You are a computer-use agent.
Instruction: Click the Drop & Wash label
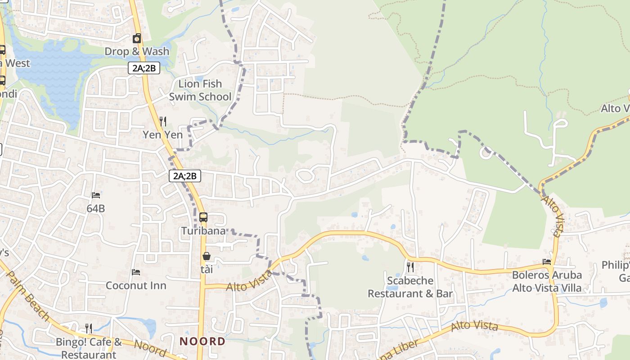tap(137, 51)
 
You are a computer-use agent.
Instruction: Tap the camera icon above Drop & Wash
tap(137, 39)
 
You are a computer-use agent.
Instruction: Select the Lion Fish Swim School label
tap(200, 90)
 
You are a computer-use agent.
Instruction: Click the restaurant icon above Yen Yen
tap(163, 121)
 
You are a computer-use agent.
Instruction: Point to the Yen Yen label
tap(163, 135)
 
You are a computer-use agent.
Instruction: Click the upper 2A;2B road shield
tap(144, 68)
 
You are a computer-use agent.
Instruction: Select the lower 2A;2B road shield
tap(185, 176)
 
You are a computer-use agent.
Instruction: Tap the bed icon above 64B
tap(96, 195)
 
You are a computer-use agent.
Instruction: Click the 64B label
tap(96, 208)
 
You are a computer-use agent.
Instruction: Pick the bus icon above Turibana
tap(203, 217)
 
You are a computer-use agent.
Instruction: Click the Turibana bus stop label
tap(203, 231)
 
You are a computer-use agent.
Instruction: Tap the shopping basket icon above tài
tap(207, 256)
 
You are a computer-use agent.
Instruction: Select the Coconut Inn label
tap(136, 285)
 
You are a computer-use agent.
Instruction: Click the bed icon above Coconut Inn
tap(136, 272)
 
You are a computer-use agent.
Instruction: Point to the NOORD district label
tap(202, 341)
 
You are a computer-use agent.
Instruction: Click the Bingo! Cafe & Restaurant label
tap(89, 348)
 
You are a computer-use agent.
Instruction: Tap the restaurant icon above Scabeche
tap(410, 267)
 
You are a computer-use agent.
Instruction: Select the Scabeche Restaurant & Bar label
tap(410, 287)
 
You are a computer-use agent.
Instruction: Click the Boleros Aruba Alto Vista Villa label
tap(547, 281)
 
